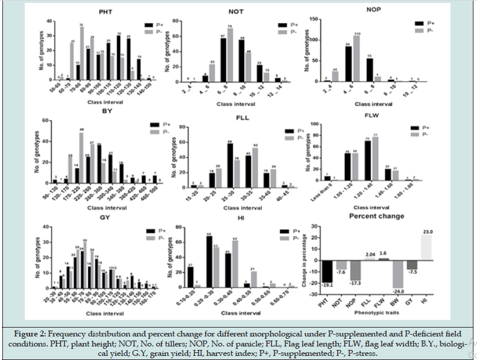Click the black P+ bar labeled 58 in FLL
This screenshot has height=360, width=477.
(229, 166)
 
